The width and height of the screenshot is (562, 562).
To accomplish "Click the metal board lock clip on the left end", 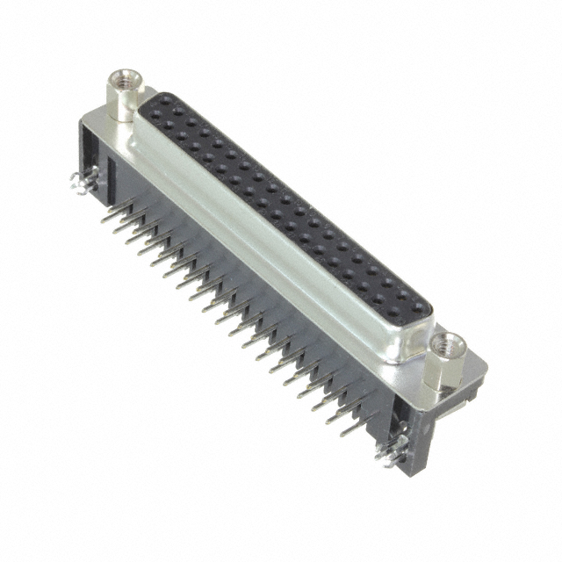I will [x=78, y=184].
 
